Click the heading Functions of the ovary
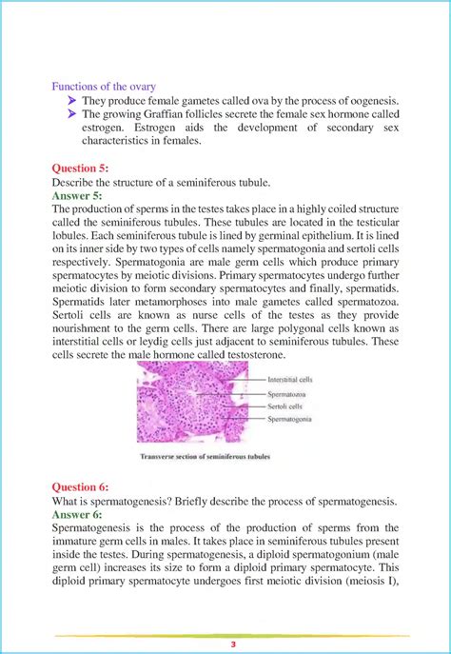[104, 88]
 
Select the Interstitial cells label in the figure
[290, 377]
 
